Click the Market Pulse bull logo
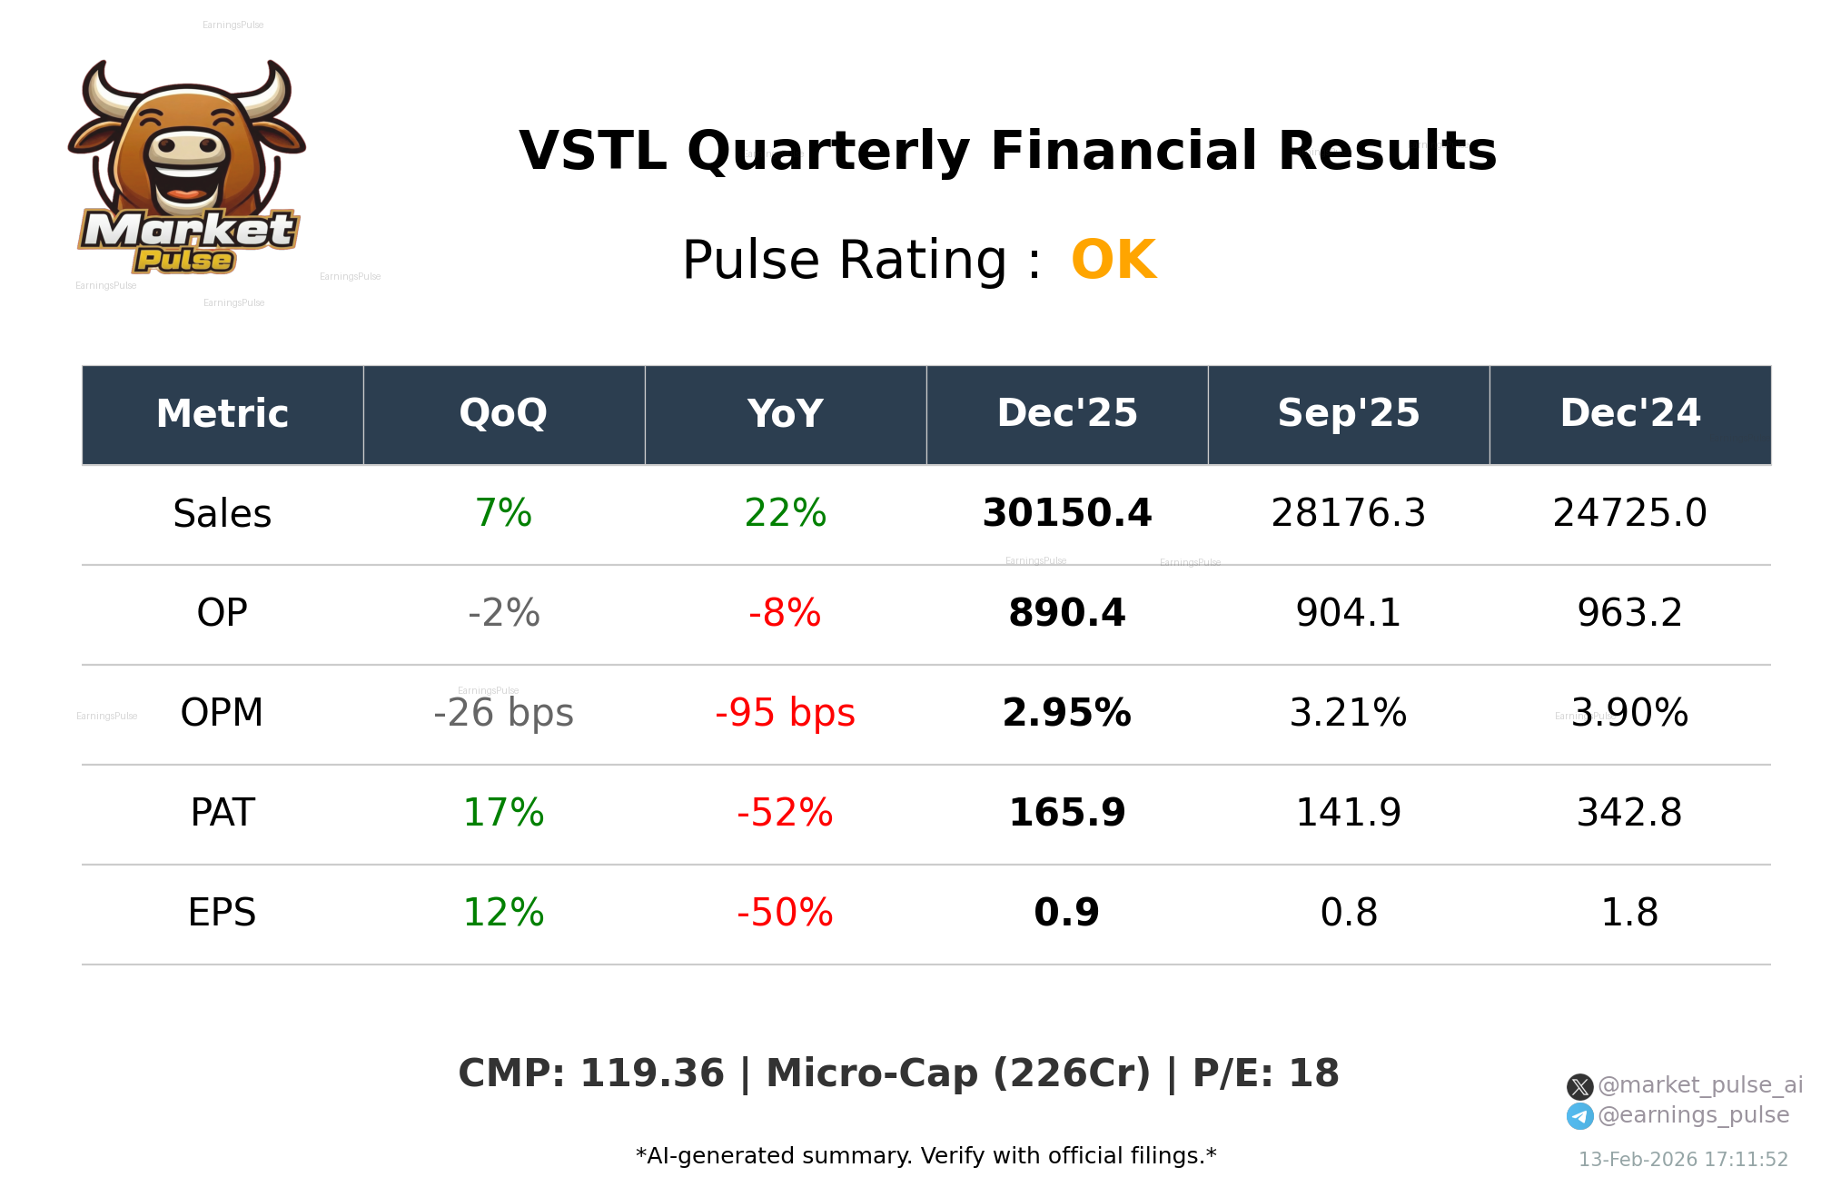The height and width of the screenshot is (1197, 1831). (187, 168)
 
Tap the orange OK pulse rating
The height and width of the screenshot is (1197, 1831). (1113, 261)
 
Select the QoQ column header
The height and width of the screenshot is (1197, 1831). (503, 414)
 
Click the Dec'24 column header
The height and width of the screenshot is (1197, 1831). (1629, 414)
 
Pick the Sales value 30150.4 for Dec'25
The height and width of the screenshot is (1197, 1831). (1066, 514)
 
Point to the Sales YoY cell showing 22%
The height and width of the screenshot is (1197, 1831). (785, 514)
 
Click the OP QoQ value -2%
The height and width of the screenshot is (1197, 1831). (503, 614)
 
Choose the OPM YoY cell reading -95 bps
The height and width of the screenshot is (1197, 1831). (785, 714)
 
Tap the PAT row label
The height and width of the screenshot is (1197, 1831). (223, 814)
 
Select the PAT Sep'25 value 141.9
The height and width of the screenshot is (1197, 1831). (1348, 814)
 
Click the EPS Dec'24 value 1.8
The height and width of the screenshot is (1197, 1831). (1629, 914)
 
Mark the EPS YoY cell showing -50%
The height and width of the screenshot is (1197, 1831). (785, 914)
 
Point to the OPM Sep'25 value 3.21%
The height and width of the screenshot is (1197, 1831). (1348, 714)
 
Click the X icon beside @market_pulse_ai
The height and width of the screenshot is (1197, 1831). (1579, 1086)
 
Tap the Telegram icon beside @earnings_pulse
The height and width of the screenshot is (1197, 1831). (1579, 1116)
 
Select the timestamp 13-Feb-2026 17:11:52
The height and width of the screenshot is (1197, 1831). (1682, 1160)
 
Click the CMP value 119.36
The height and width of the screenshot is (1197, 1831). (651, 1074)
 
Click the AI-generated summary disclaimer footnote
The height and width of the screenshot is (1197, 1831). (925, 1156)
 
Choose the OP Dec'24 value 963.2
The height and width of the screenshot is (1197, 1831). (1629, 614)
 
